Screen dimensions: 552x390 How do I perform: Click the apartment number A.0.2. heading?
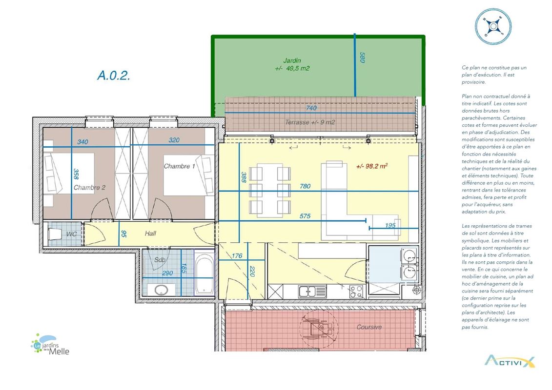114,75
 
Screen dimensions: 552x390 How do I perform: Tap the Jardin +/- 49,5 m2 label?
292,64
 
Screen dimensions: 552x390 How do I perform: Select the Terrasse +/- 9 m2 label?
310,122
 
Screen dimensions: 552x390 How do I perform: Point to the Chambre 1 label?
179,166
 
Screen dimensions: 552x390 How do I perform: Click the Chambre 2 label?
89,187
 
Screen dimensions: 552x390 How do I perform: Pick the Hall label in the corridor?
150,233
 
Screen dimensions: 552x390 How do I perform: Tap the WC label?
71,234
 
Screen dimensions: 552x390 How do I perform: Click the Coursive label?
369,327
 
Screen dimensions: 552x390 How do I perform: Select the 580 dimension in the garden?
362,58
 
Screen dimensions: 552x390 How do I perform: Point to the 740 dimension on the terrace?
311,108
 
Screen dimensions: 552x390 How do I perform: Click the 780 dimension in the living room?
305,186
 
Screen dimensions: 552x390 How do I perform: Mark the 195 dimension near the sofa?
390,225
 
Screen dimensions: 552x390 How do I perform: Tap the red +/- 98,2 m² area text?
372,166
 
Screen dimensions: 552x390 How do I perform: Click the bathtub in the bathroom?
204,273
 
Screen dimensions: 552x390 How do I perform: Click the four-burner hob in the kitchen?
356,292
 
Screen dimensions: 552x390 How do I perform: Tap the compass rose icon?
493,26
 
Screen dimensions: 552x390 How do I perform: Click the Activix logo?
510,361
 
